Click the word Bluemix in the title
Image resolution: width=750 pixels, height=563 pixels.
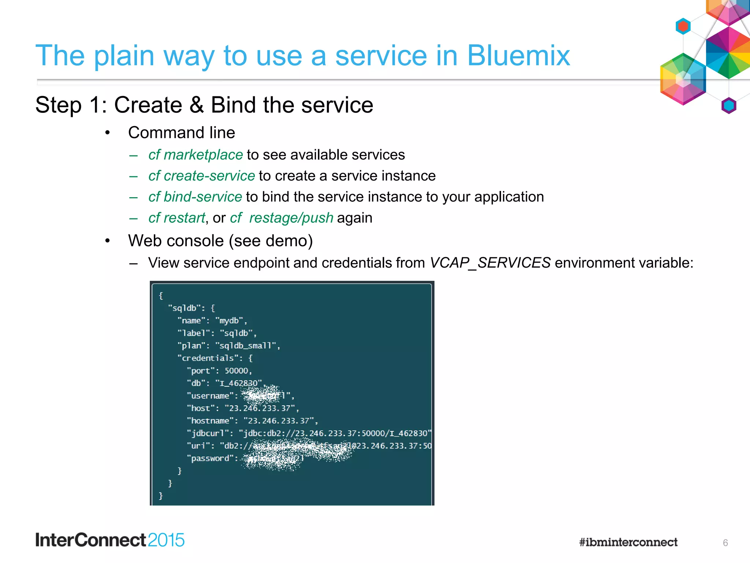[x=518, y=56]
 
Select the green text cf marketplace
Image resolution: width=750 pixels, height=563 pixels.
[x=196, y=155]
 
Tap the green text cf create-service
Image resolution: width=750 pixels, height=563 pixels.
[x=201, y=176]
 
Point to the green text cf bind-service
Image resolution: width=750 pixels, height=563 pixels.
[x=195, y=197]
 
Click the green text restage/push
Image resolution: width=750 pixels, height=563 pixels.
[x=291, y=218]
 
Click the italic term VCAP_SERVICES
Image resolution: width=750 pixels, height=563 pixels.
[x=490, y=263]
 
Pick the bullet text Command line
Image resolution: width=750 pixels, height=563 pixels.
[x=181, y=133]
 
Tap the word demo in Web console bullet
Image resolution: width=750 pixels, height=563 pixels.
[x=286, y=241]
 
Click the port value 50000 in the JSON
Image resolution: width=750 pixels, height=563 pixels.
[x=237, y=371]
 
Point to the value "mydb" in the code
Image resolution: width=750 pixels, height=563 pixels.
[x=229, y=321]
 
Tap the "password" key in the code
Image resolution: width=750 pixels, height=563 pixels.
[x=210, y=458]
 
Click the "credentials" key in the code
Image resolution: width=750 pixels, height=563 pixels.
[x=208, y=358]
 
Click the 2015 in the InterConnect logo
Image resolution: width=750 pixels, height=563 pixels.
[x=166, y=540]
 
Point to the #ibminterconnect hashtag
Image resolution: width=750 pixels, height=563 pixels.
[x=628, y=542]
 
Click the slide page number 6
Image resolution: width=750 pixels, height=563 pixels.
[x=725, y=543]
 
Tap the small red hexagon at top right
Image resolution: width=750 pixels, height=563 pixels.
[x=683, y=26]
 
